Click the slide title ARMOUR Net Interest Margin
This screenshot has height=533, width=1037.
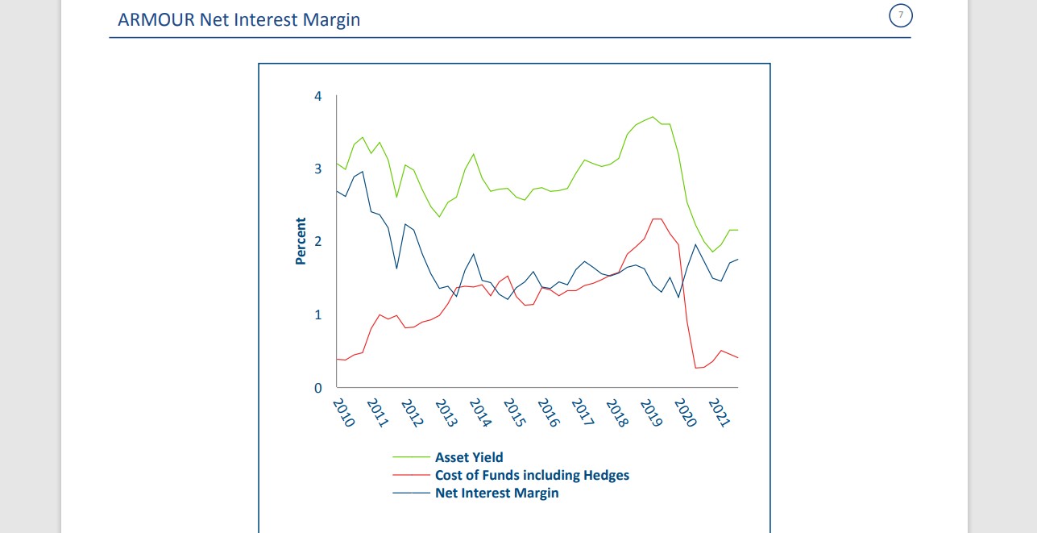coord(239,19)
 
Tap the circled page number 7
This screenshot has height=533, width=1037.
coord(900,15)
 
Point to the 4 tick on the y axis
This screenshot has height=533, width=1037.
coord(317,96)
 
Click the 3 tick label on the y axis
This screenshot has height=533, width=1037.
coord(317,169)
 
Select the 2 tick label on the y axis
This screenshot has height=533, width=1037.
coord(317,241)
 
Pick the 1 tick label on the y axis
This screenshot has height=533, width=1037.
coord(317,314)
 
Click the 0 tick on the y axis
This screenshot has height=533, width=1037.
coord(317,388)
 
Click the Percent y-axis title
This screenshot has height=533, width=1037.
coord(301,241)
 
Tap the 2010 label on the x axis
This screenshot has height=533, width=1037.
coord(343,412)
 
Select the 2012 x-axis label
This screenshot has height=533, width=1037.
coord(412,412)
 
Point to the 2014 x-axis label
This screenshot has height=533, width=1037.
coord(479,412)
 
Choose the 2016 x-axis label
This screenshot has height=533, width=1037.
coord(548,412)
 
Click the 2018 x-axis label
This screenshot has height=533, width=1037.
coord(616,412)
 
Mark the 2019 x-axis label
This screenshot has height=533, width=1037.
coord(650,412)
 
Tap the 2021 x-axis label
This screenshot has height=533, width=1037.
coord(719,412)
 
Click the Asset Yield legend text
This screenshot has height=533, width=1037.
coord(469,457)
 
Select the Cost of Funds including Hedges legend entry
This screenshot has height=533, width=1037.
coord(532,475)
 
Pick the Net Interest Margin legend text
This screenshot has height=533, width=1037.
coord(496,493)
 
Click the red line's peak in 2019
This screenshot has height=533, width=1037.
coord(657,219)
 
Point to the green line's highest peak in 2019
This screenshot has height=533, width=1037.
coord(653,117)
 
